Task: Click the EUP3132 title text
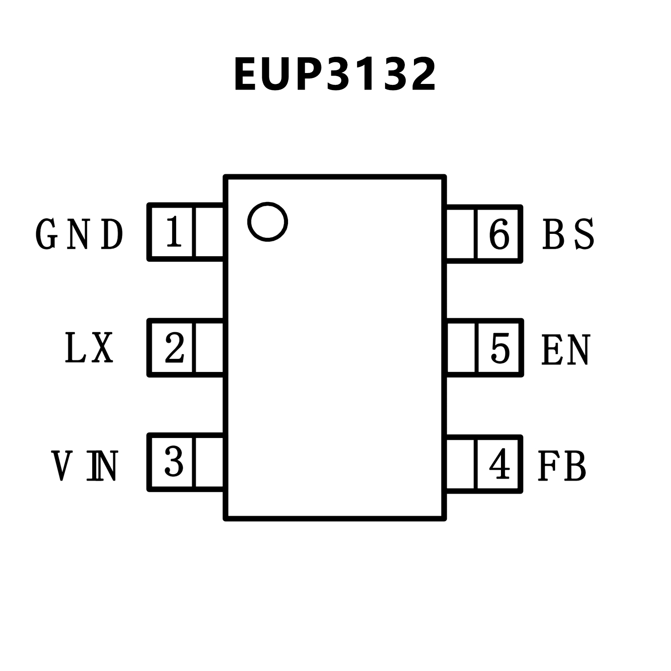pyautogui.click(x=335, y=75)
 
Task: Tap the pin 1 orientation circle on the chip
pyautogui.click(x=268, y=222)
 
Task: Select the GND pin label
pyautogui.click(x=79, y=234)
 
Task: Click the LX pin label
pyautogui.click(x=89, y=348)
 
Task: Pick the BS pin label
pyautogui.click(x=568, y=234)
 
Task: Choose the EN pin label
pyautogui.click(x=566, y=350)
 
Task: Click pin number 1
pyautogui.click(x=174, y=233)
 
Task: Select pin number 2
pyautogui.click(x=174, y=348)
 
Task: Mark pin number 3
pyautogui.click(x=174, y=462)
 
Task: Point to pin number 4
pyautogui.click(x=499, y=464)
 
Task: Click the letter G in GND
pyautogui.click(x=47, y=234)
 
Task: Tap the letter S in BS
pyautogui.click(x=584, y=234)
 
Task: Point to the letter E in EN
pyautogui.click(x=551, y=350)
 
